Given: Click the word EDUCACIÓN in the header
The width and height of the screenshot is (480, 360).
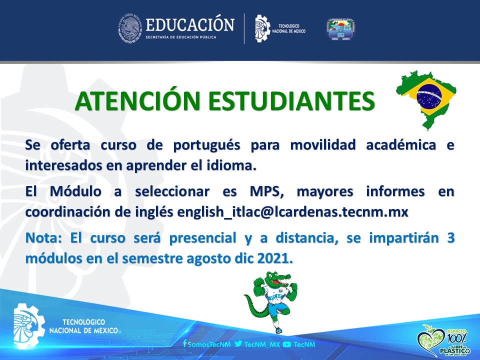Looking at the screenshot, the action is (190, 25).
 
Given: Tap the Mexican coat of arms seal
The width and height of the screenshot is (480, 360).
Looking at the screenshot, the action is (130, 28).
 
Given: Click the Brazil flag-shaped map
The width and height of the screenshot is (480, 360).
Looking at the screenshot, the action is (426, 99).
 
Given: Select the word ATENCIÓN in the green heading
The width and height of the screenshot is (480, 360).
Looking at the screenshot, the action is (137, 100).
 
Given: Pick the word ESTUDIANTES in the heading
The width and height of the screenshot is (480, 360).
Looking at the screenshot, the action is (291, 101).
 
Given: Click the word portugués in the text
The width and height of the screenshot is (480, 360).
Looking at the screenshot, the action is (206, 145).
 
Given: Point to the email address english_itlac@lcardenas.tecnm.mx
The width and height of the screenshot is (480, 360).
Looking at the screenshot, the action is (292, 212).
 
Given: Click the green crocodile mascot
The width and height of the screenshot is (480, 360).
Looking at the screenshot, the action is (271, 301).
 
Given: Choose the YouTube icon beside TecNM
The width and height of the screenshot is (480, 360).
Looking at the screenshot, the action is (287, 344).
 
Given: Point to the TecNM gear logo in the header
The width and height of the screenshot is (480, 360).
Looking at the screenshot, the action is (262, 28).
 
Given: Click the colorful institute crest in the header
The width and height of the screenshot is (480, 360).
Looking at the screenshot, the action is (340, 29).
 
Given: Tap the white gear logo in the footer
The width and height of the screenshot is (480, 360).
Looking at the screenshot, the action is (28, 325).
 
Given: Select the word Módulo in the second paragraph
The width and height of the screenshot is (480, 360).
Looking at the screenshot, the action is (75, 192).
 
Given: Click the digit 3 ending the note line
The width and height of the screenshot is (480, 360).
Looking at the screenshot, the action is (450, 238).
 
